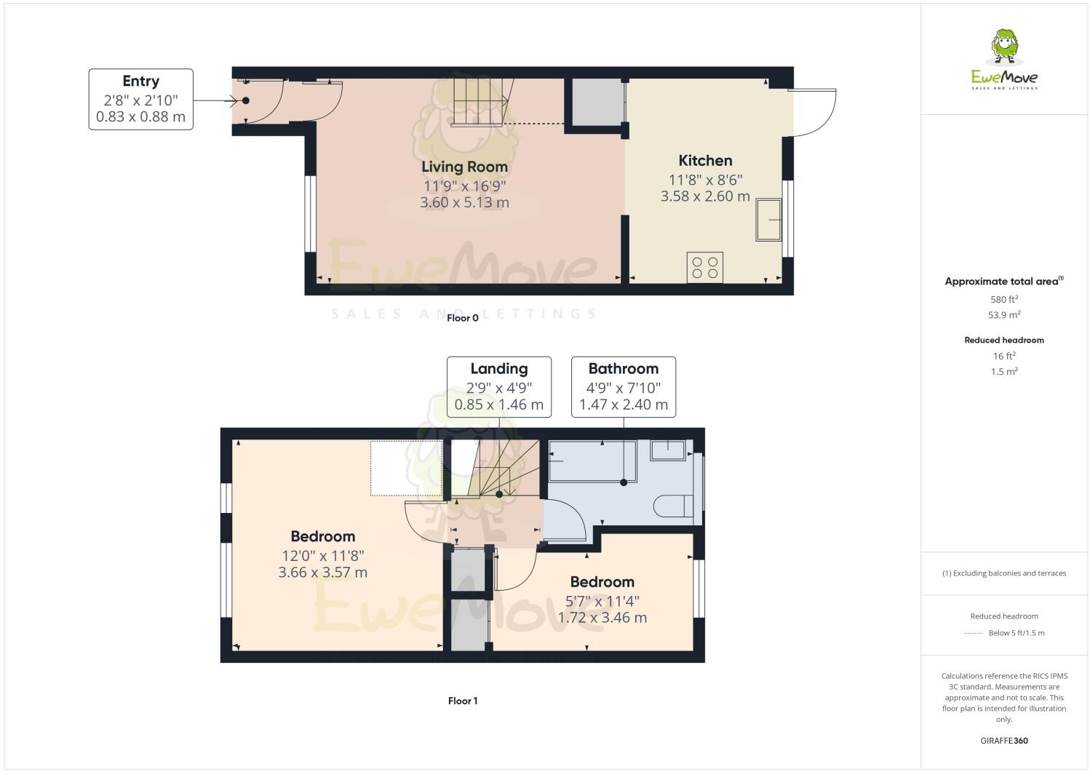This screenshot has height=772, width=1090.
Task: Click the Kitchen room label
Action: [705, 161]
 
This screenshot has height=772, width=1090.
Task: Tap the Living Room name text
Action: [464, 167]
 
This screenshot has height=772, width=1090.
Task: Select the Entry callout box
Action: [140, 99]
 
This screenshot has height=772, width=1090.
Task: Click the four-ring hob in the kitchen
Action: [705, 266]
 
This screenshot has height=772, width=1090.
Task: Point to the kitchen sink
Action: [770, 219]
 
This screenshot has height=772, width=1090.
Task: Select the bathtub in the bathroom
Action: [592, 461]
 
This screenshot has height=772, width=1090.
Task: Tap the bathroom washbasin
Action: [668, 450]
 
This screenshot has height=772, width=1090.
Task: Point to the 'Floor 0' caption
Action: [463, 318]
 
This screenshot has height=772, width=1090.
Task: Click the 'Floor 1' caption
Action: [463, 701]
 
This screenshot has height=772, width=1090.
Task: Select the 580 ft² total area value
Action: [1004, 299]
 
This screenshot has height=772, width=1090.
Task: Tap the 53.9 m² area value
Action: [1004, 315]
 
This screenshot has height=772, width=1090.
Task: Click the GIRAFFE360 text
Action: [1004, 741]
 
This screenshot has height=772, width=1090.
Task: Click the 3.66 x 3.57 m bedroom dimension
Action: [322, 573]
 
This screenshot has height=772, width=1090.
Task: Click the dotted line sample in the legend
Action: [973, 633]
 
